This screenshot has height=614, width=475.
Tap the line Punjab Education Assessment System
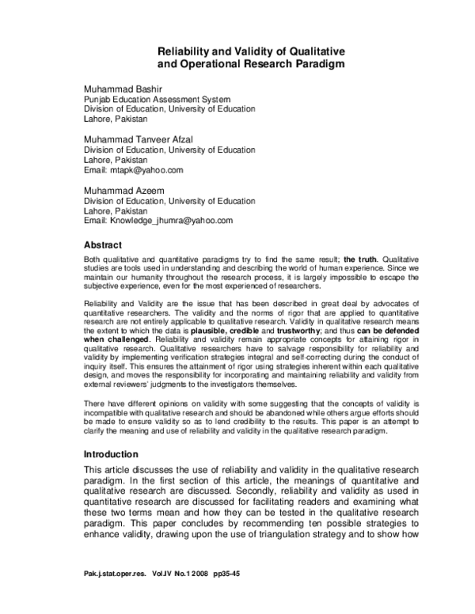pyautogui.click(x=158, y=100)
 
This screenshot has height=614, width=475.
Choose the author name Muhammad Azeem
pyautogui.click(x=122, y=190)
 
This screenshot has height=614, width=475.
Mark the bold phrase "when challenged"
pyautogui.click(x=116, y=340)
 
